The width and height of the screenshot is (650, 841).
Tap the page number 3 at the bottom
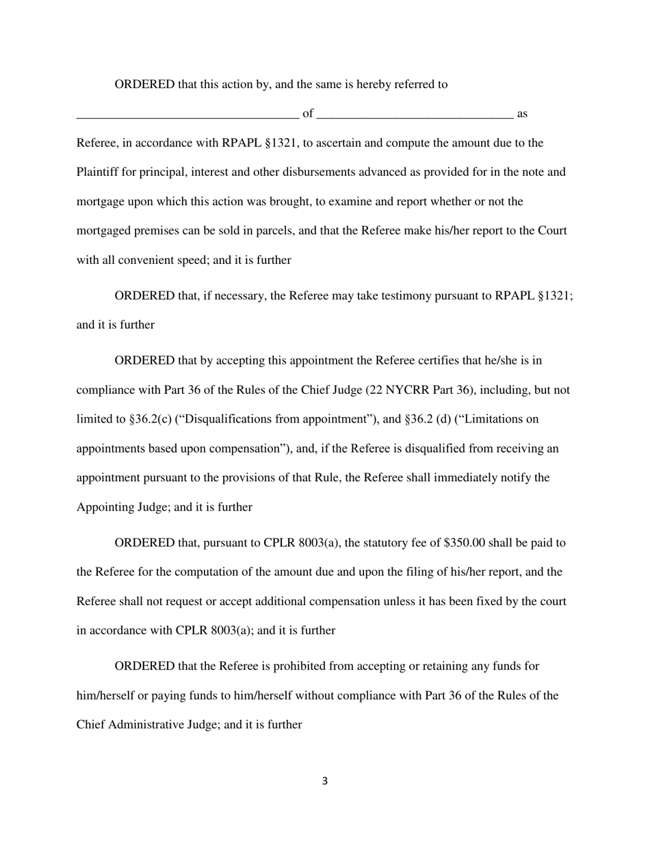(x=324, y=781)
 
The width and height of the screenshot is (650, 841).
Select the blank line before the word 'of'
(x=187, y=116)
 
